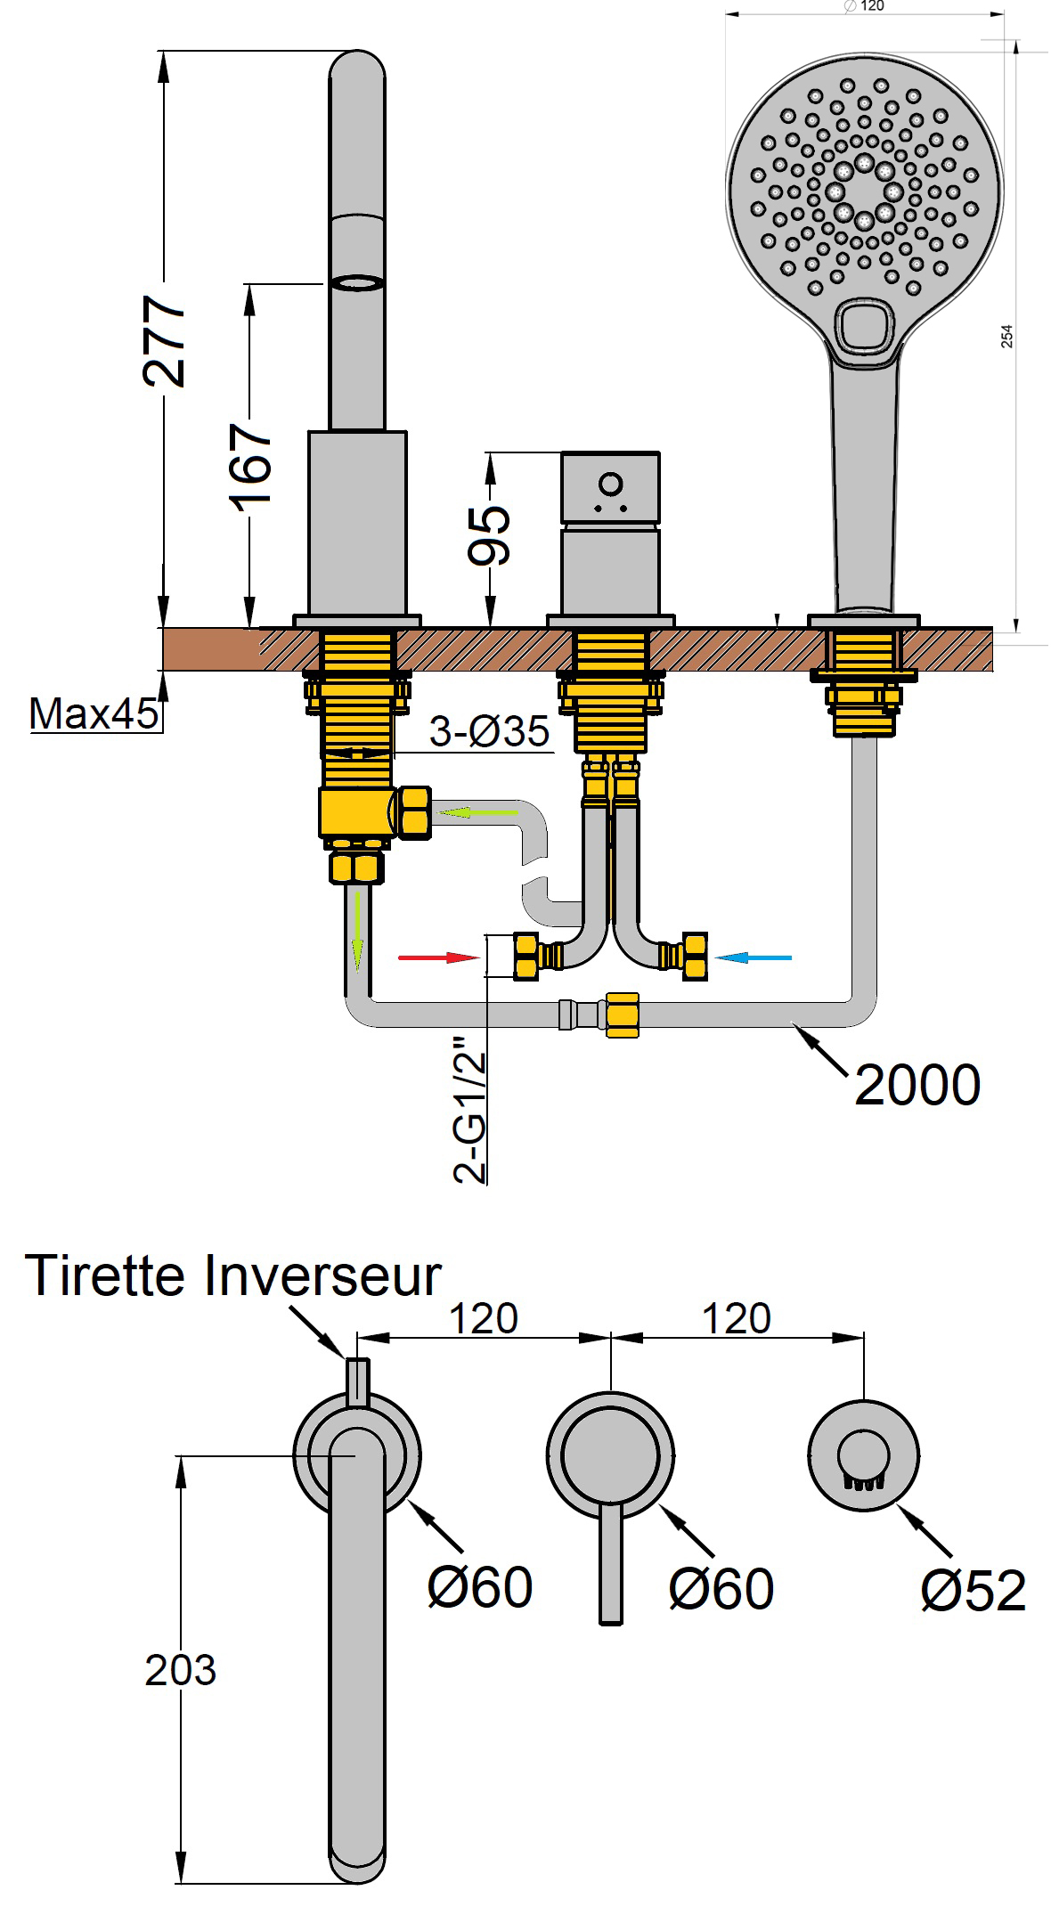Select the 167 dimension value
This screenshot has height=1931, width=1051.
click(x=251, y=464)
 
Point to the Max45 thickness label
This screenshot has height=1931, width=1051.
click(x=93, y=713)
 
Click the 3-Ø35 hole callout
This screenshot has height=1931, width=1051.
click(x=489, y=732)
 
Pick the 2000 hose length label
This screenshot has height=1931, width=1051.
click(x=917, y=1085)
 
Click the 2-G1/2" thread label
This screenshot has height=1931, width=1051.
click(x=471, y=1108)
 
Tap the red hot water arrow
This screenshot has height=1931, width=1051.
click(x=438, y=957)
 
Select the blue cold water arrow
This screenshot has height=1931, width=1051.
click(x=754, y=957)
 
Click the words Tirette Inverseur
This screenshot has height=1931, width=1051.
click(x=233, y=1275)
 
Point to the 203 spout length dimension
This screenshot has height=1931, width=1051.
click(x=181, y=1671)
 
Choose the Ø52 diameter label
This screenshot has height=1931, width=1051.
click(x=974, y=1591)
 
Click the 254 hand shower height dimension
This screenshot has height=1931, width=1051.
click(x=1007, y=336)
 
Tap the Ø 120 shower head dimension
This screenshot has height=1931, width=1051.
click(x=862, y=6)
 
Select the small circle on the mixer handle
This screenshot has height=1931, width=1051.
click(x=611, y=484)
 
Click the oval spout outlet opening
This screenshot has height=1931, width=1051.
click(x=357, y=283)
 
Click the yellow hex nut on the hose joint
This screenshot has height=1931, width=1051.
click(x=622, y=1014)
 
